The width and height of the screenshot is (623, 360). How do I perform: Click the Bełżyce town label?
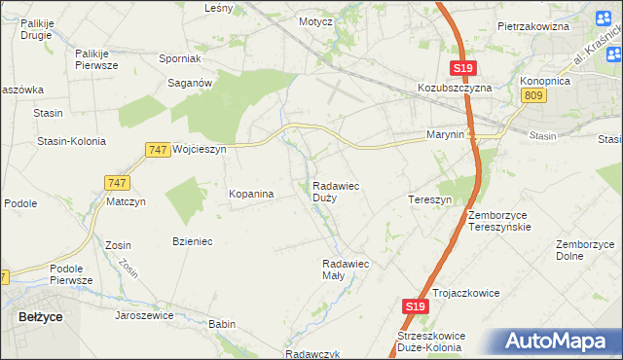(40, 316)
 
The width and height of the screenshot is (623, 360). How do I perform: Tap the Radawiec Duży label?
(338, 191)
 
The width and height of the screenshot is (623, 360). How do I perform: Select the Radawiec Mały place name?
(346, 269)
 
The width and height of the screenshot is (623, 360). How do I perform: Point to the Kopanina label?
(251, 194)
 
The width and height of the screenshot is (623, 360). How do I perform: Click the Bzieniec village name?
(192, 240)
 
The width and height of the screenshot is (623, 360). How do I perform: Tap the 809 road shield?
(531, 94)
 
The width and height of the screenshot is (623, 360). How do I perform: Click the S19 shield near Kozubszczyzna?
(463, 68)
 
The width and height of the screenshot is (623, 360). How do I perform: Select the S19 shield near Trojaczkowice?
(415, 306)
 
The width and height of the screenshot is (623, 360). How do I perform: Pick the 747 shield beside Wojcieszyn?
(158, 149)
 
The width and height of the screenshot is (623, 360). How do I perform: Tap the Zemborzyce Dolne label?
(583, 250)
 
